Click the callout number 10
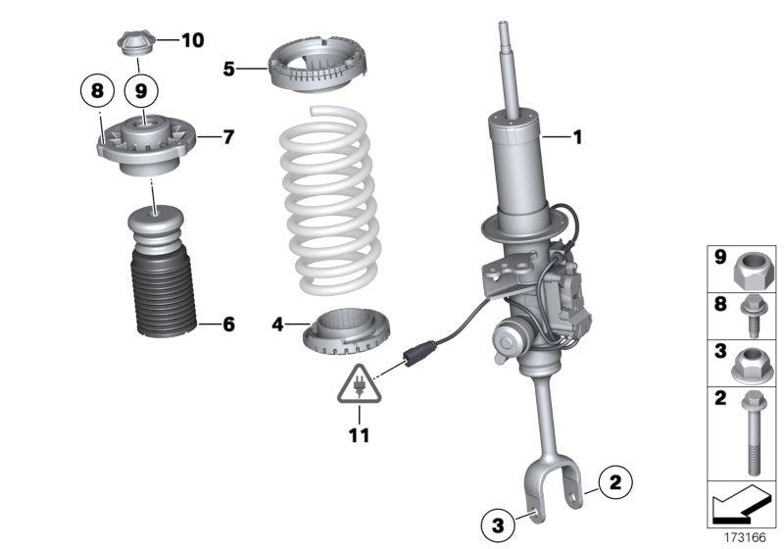192,40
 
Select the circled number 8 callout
96,91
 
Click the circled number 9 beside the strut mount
141,91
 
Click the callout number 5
228,69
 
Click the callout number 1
577,138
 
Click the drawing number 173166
745,537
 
